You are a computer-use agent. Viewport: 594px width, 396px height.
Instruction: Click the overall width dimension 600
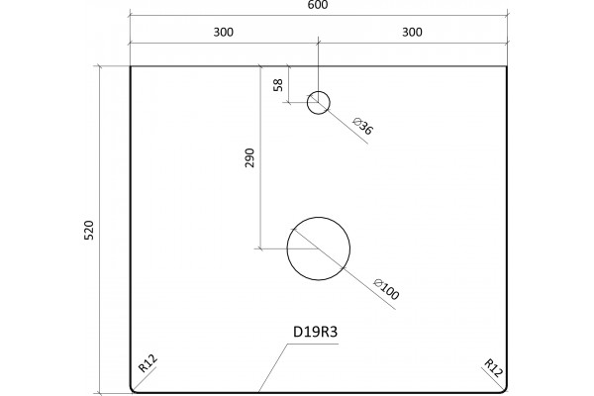click(318, 5)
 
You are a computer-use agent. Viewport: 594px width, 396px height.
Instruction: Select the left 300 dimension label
click(224, 33)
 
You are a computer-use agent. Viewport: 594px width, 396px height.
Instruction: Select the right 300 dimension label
click(412, 33)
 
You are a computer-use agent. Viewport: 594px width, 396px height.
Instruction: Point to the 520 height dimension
click(88, 230)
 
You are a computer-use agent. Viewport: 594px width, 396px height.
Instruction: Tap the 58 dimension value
click(278, 85)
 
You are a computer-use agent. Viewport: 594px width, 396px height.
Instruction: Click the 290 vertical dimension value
click(249, 158)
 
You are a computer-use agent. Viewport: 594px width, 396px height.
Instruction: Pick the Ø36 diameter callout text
click(363, 126)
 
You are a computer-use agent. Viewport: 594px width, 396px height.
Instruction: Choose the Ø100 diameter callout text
click(386, 289)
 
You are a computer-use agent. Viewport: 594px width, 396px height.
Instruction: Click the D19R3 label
click(315, 332)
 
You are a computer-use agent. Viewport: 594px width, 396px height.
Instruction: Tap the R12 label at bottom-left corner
click(148, 363)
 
